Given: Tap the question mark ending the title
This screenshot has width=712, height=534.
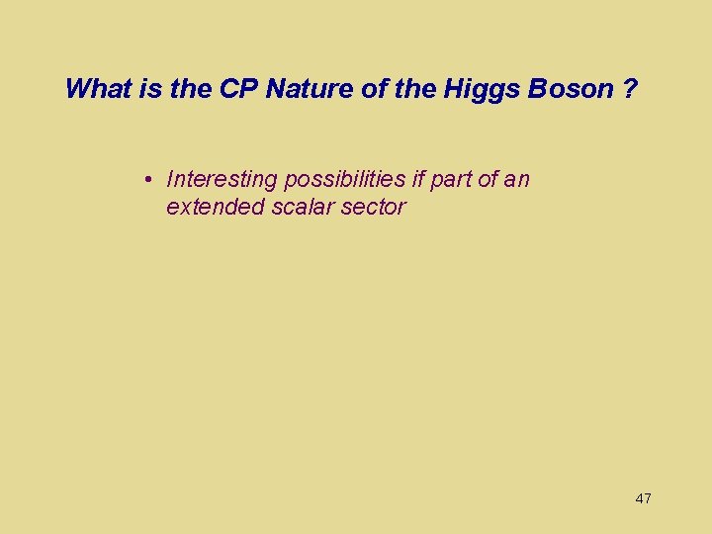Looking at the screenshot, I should tap(629, 89).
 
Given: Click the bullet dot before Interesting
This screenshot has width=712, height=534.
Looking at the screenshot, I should tap(145, 180).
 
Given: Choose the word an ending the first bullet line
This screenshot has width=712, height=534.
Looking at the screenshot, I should tap(518, 180).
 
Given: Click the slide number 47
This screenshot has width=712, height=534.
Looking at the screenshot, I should tap(643, 498).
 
